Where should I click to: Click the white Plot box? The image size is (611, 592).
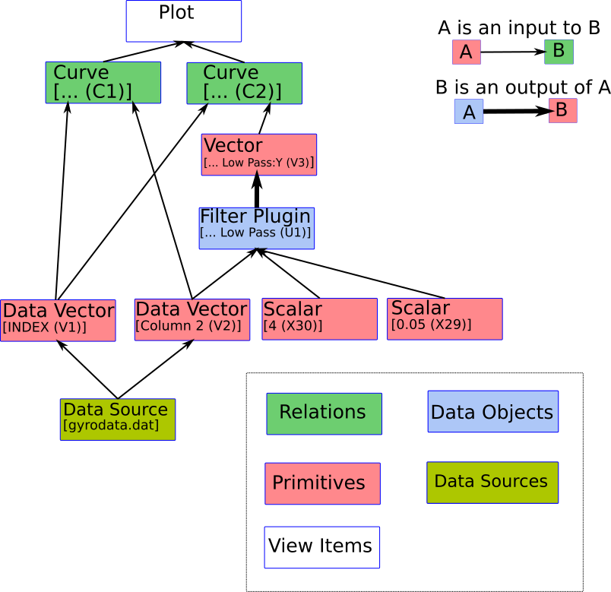pos(183,21)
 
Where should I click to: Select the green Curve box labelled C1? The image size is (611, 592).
pos(103,82)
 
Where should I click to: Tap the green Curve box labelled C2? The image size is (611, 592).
pos(244,82)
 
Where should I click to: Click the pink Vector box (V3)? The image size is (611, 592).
pos(258,154)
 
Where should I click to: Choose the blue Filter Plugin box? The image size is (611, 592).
pos(256,228)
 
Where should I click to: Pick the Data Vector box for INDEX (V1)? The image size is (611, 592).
pos(58,320)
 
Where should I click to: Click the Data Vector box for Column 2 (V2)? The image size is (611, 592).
pos(192,320)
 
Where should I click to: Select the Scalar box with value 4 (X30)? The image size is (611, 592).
pos(319,318)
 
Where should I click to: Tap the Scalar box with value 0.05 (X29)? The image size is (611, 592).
pos(445,318)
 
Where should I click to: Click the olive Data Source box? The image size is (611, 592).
pos(117,419)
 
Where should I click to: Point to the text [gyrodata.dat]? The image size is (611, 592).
pos(111,426)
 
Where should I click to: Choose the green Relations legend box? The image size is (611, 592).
pos(324,413)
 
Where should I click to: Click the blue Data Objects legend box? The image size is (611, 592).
pos(492,411)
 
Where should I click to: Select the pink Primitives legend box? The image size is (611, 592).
pos(322,483)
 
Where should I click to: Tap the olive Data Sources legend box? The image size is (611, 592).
pos(492,482)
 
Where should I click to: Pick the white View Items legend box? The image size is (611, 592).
pos(321,546)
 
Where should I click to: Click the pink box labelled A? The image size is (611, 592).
pos(466,52)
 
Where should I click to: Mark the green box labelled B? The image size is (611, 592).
pos(559,52)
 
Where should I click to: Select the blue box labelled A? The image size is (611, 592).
pos(469,112)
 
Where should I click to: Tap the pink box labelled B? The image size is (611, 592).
pos(562,110)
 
